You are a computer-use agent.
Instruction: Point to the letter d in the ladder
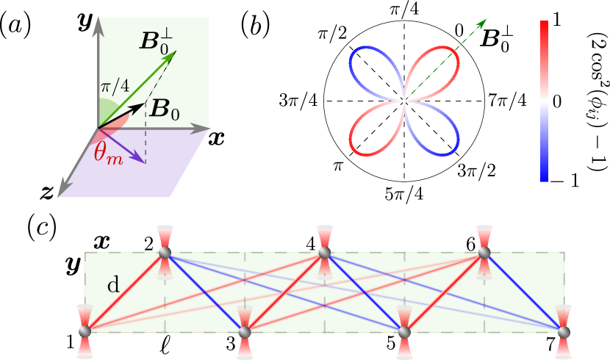point(113,285)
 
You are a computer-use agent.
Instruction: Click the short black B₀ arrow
point(125,114)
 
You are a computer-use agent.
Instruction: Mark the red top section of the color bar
point(544,51)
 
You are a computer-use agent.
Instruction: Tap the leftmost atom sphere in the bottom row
point(85,332)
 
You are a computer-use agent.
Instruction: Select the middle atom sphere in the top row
point(324,253)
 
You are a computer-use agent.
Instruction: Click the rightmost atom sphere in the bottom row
point(564,332)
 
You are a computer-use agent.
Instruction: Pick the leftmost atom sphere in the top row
point(165,253)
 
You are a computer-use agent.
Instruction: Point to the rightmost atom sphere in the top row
point(484,253)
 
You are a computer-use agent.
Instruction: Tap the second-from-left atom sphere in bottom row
point(245,332)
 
